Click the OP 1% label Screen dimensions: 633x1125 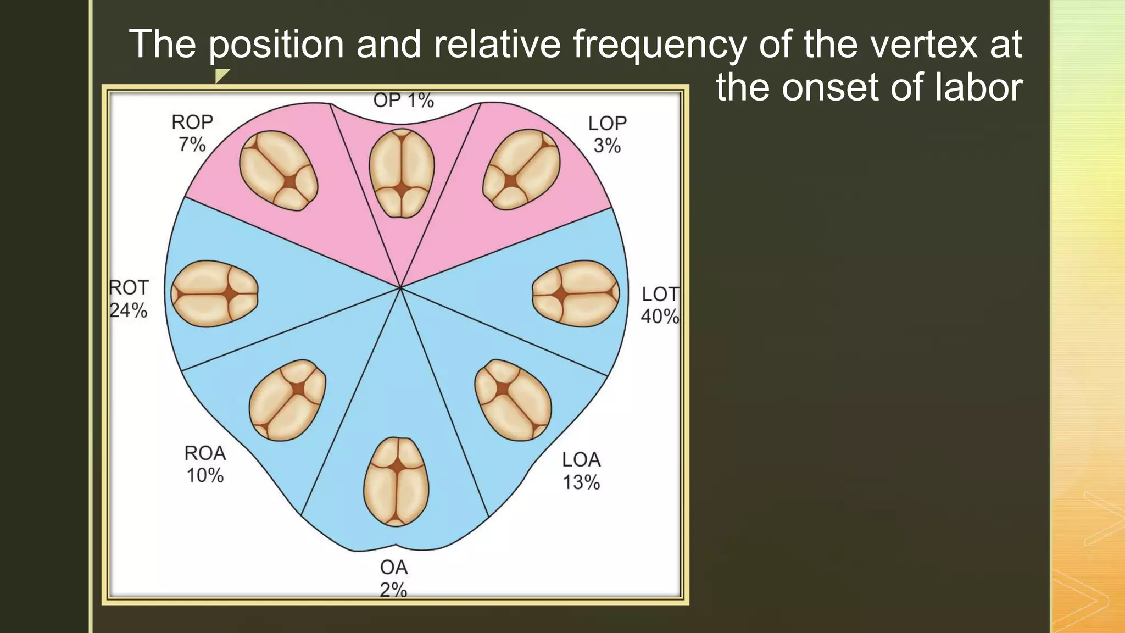tap(403, 101)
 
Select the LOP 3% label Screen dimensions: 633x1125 tap(607, 134)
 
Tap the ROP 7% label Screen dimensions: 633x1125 tap(192, 133)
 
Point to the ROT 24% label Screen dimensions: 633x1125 tap(129, 299)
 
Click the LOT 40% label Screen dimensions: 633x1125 tap(660, 305)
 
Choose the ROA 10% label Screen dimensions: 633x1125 tap(205, 464)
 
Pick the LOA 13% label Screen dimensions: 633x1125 tap(581, 471)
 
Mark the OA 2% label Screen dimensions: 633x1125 tap(393, 578)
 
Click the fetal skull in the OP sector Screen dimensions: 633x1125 tap(402, 173)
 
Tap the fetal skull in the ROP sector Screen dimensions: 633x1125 tap(279, 170)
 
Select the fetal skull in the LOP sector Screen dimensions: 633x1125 tap(522, 169)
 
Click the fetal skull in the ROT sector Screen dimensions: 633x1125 tap(214, 293)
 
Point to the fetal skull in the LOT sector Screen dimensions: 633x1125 tap(576, 293)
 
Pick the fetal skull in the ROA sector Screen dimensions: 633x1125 tap(287, 400)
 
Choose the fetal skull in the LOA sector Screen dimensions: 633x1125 tap(513, 400)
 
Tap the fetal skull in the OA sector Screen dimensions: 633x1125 tap(396, 481)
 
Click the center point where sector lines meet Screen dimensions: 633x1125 tap(400, 287)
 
